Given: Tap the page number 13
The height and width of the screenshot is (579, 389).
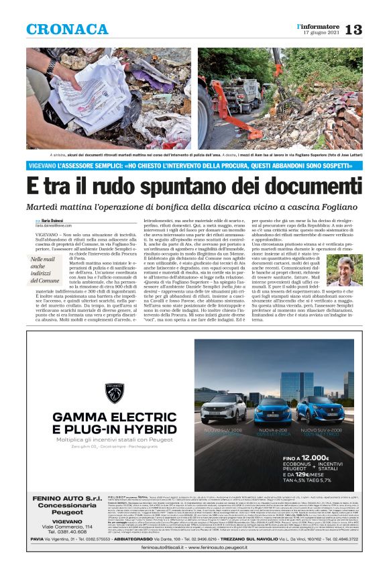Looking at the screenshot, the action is pyautogui.click(x=353, y=30).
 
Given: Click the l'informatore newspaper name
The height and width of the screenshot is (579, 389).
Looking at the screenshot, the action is pyautogui.click(x=319, y=25).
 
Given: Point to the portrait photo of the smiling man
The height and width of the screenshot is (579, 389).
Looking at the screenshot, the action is pyautogui.click(x=348, y=272).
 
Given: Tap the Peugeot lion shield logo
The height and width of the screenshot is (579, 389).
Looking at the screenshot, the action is pyautogui.click(x=116, y=393).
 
